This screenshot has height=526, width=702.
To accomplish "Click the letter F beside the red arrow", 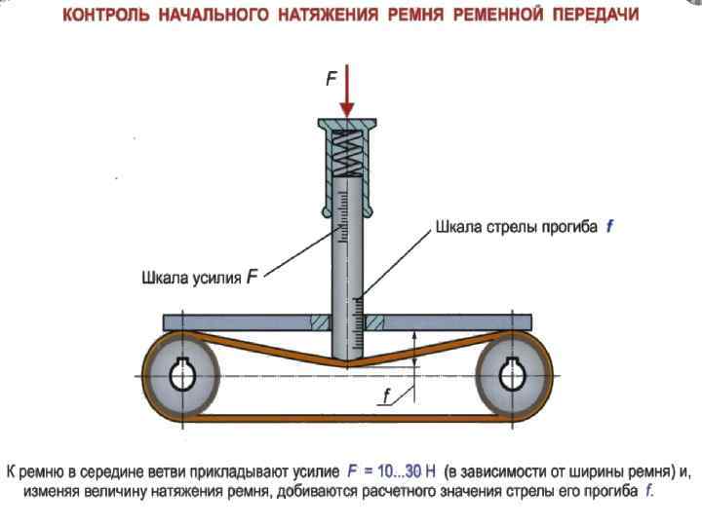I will [x=330, y=82].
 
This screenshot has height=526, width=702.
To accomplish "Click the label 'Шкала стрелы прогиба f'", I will [x=525, y=226].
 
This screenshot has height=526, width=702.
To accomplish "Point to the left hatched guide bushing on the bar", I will [x=319, y=322].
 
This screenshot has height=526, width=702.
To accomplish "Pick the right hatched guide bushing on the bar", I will [x=377, y=322].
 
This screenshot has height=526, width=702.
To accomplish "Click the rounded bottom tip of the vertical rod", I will [x=348, y=357].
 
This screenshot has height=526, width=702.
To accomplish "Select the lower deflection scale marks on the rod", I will [x=358, y=321].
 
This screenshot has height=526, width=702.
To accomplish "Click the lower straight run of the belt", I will [x=347, y=419].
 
